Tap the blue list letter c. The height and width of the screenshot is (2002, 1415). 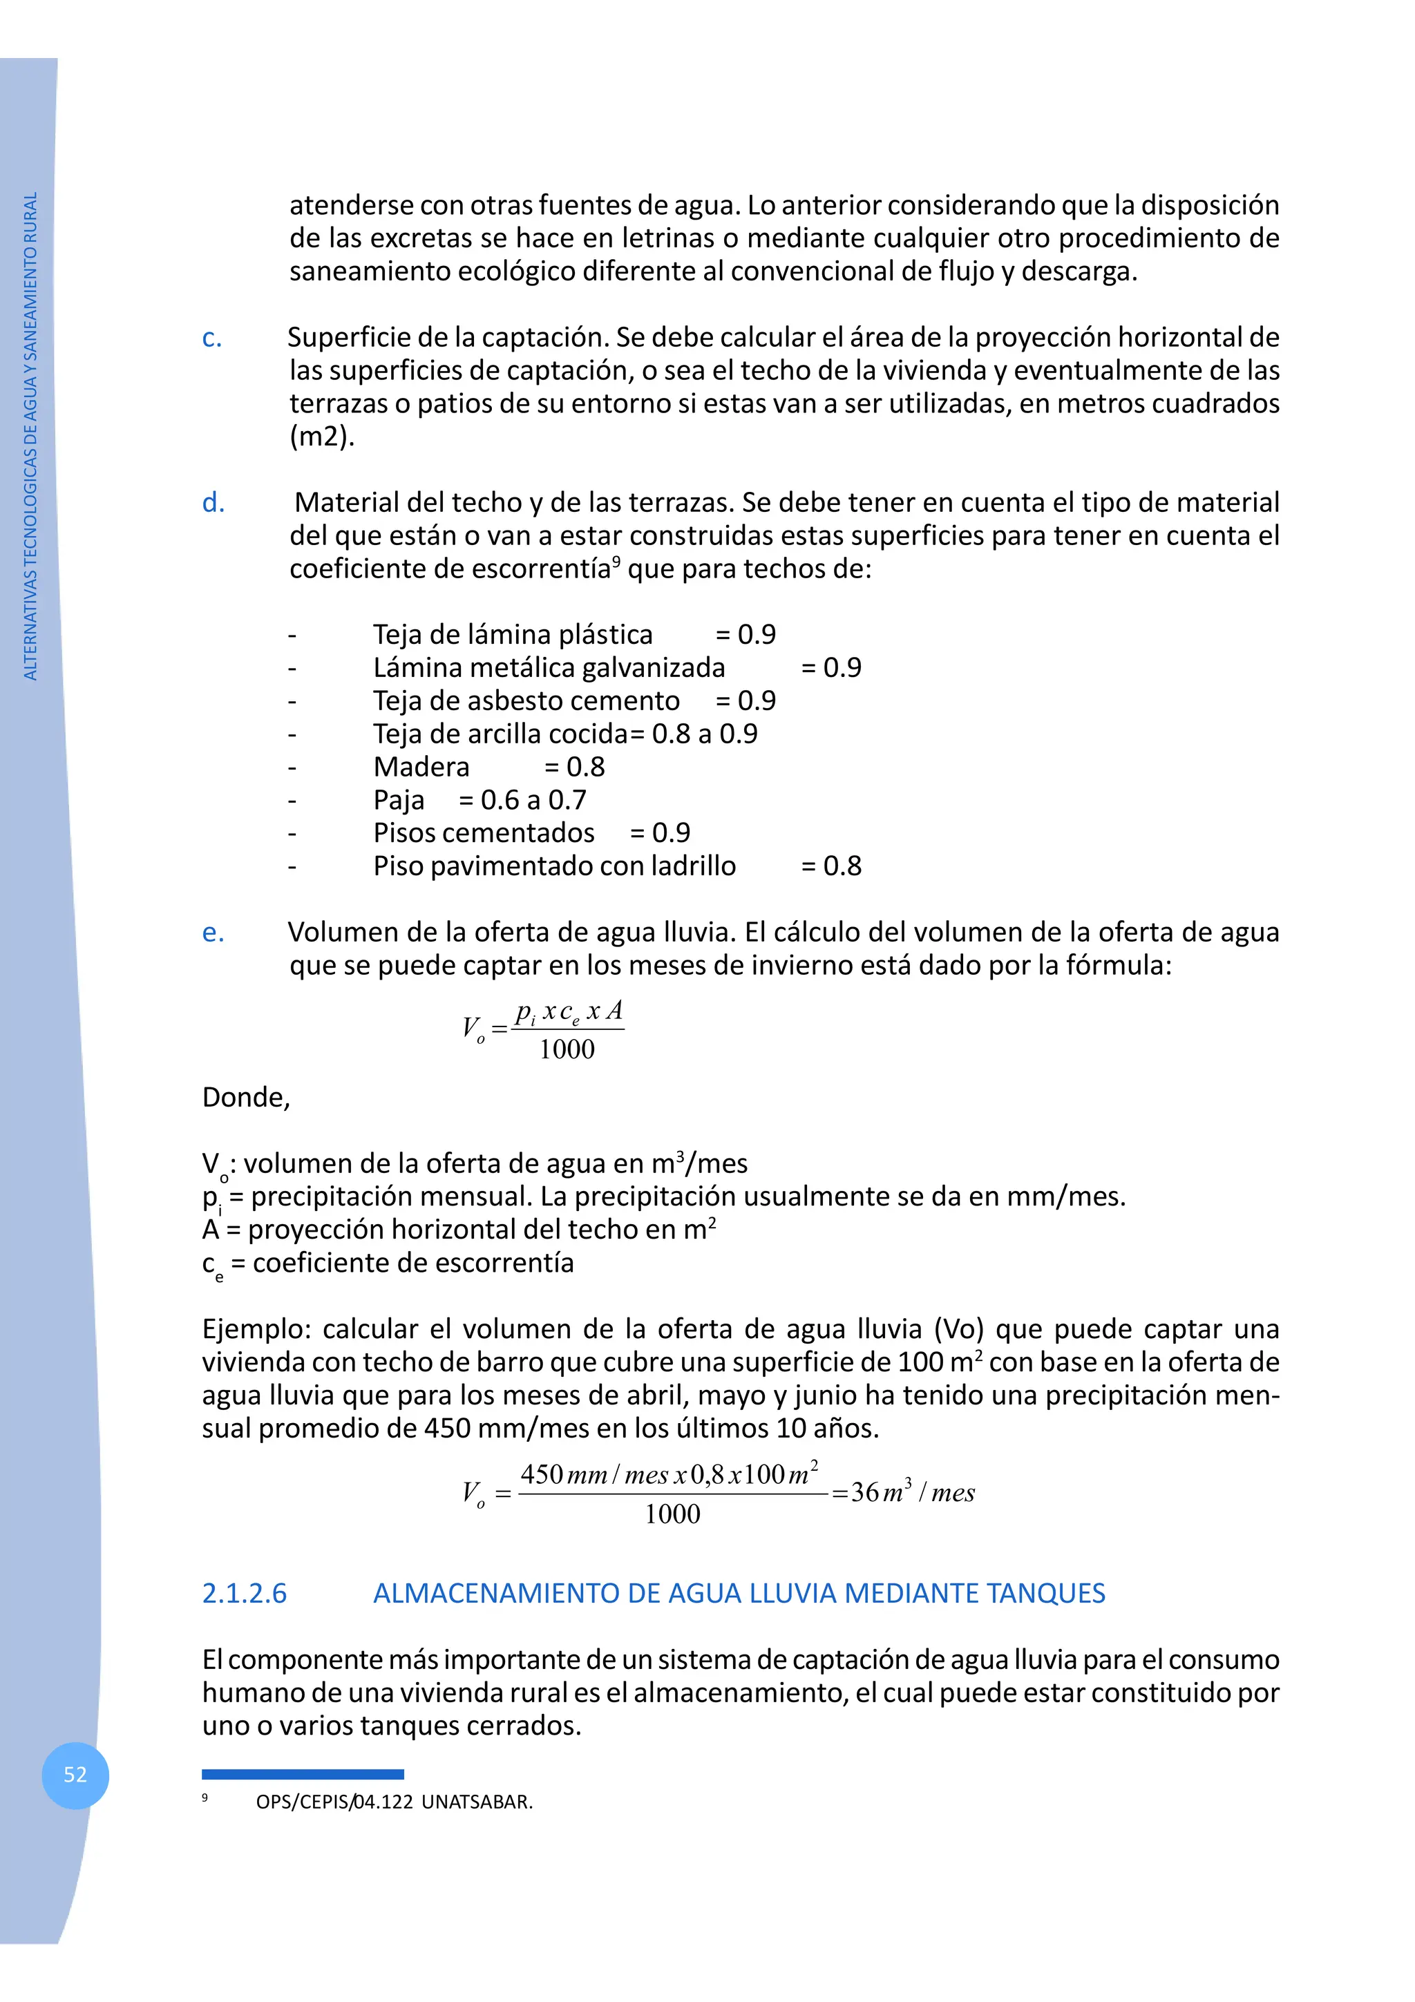point(212,339)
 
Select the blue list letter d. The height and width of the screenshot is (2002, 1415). point(213,503)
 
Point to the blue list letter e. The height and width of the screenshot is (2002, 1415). point(213,933)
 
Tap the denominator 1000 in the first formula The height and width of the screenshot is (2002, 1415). point(567,1050)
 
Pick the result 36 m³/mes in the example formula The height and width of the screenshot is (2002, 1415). point(912,1492)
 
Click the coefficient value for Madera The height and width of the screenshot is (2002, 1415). point(575,768)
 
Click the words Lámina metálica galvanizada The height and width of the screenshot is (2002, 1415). point(549,668)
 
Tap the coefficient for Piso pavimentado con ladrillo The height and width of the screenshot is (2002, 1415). point(831,867)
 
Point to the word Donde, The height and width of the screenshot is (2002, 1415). point(246,1097)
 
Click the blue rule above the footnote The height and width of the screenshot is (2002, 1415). point(303,1773)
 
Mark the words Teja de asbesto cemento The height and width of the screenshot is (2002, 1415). point(526,701)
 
